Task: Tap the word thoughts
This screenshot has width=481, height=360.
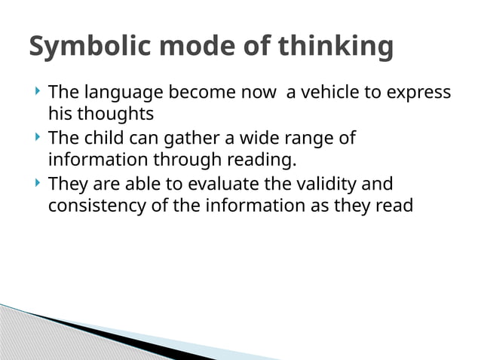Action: coord(115,114)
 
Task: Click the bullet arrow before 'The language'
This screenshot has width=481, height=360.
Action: coord(38,92)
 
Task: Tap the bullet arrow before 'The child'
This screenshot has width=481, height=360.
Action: coord(38,138)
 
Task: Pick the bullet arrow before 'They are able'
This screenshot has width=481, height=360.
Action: coord(38,183)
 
